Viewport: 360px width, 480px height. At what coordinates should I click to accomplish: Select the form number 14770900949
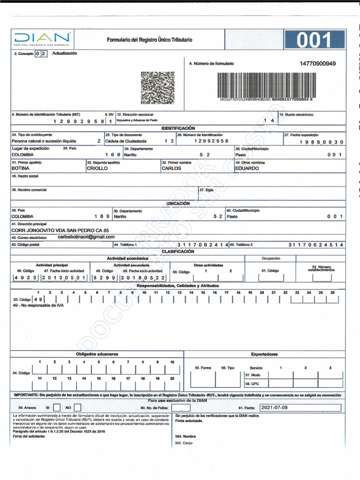[x=318, y=63]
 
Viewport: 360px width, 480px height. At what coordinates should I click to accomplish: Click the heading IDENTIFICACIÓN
[x=178, y=128]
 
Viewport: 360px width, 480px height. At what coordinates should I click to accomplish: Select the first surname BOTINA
[x=21, y=168]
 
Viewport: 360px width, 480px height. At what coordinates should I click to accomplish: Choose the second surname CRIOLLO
[x=97, y=168]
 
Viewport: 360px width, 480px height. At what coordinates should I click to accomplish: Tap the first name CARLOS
[x=171, y=168]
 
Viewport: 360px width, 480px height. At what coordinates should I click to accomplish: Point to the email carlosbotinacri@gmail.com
[x=86, y=237]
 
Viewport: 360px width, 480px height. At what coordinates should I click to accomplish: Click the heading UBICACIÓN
[x=178, y=204]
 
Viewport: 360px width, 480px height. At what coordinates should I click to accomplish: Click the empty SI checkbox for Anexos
[x=56, y=408]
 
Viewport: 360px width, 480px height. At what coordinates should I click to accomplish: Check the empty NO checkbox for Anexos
[x=78, y=408]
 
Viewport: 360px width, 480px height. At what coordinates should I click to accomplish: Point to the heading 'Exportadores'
[x=264, y=354]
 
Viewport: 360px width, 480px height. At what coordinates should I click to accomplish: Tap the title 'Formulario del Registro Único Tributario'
[x=149, y=40]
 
